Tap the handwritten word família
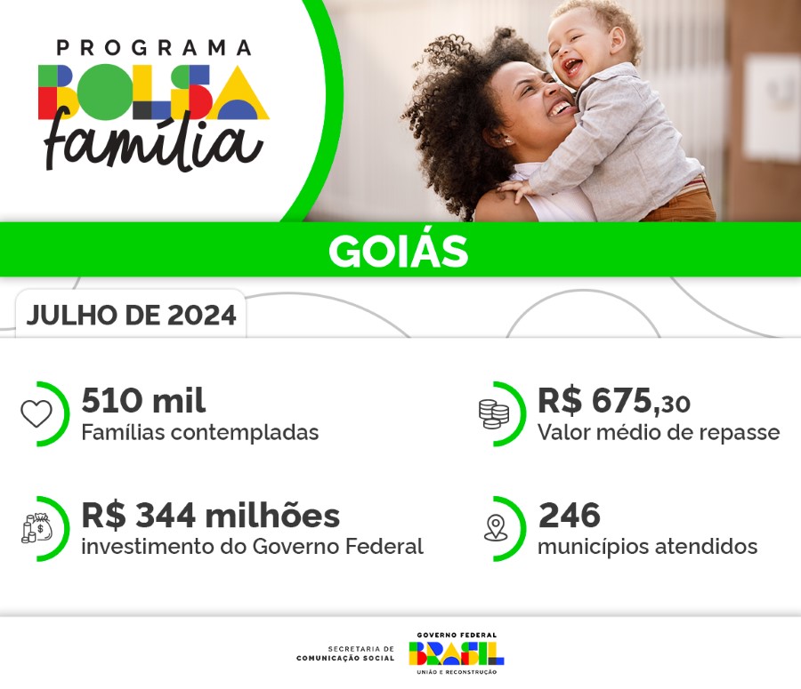point(154,142)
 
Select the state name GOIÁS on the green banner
point(398,251)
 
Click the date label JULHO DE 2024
point(132,316)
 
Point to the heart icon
point(36,413)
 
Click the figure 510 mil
point(143,401)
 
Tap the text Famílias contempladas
point(199,433)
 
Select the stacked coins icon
point(493,413)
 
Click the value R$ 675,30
point(613,402)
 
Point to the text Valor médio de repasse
point(658,433)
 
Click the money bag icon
point(37,528)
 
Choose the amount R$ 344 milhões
point(210,515)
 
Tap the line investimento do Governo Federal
point(252,547)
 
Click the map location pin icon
point(495,528)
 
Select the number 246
point(569,515)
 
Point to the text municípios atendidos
point(647,547)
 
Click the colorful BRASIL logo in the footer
point(456,653)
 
